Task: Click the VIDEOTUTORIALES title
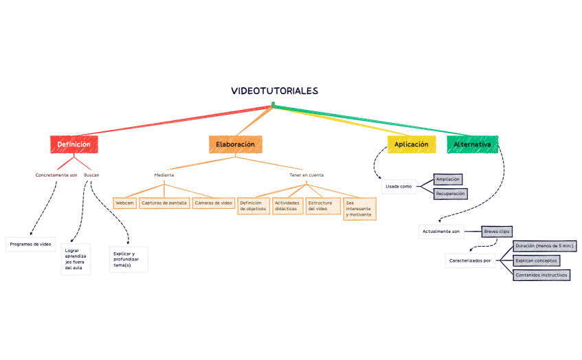(x=275, y=91)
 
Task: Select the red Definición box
(x=74, y=145)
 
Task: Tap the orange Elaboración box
(x=235, y=145)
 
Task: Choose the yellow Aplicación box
(x=411, y=145)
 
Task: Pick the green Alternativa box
(x=472, y=145)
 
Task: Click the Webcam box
(x=125, y=203)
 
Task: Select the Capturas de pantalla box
(x=164, y=203)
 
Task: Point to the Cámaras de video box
(x=214, y=203)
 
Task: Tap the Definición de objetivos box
(x=253, y=206)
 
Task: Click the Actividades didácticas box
(x=288, y=206)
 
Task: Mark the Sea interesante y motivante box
(x=358, y=209)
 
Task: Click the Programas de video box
(x=30, y=244)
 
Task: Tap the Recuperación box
(x=450, y=194)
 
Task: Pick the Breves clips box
(x=496, y=232)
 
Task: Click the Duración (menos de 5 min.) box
(x=544, y=246)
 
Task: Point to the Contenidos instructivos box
(x=541, y=275)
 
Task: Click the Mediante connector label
(x=164, y=175)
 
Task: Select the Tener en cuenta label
(x=306, y=175)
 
